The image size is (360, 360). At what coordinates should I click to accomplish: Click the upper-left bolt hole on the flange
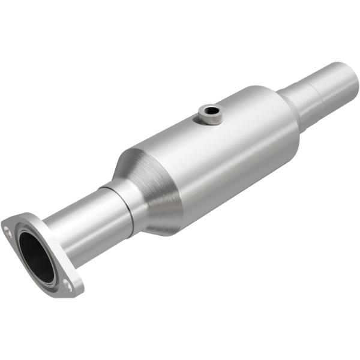(7, 229)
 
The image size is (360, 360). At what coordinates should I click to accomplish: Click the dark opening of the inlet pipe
(35, 256)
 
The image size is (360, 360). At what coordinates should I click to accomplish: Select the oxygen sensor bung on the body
(210, 113)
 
